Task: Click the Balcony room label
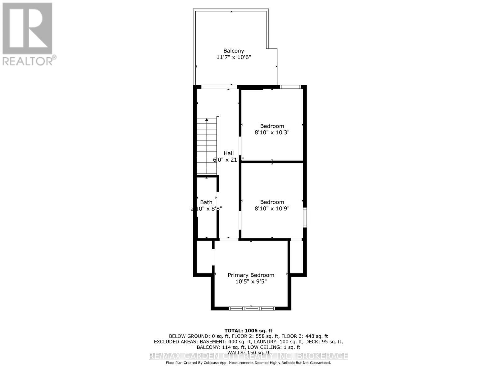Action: [234, 51]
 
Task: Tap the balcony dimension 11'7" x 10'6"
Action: [234, 57]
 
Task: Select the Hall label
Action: [229, 153]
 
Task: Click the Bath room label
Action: [206, 202]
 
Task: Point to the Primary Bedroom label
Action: [251, 275]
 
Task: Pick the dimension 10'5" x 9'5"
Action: [251, 282]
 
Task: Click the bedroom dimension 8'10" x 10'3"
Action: [272, 132]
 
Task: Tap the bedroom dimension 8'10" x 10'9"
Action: [272, 209]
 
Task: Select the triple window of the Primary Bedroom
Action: [252, 308]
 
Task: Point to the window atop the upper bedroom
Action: [290, 87]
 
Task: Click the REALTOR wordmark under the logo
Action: [30, 60]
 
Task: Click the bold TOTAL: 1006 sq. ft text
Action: [248, 331]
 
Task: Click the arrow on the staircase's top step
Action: [207, 120]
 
